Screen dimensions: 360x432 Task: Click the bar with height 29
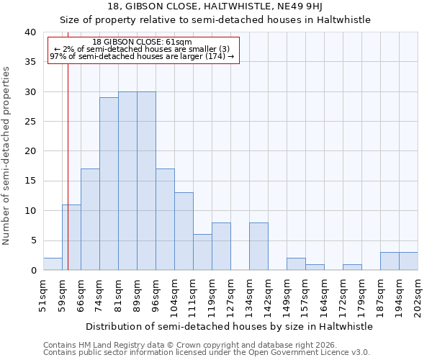109,184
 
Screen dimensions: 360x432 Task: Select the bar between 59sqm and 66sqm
71,238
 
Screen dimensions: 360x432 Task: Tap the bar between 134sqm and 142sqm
258,246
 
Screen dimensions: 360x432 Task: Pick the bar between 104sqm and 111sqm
184,231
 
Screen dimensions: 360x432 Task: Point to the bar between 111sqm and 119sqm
202,252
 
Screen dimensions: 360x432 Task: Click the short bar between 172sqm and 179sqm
352,267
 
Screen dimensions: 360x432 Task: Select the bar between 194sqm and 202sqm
408,261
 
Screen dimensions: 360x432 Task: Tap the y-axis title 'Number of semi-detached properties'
7,155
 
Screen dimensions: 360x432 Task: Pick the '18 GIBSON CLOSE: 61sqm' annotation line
143,42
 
